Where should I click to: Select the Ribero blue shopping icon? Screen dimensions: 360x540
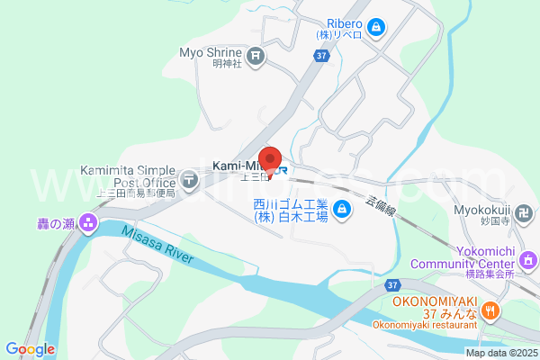[380, 29]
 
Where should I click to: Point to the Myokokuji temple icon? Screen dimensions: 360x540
[527, 212]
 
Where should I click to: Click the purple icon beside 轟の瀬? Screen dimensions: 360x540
[88, 221]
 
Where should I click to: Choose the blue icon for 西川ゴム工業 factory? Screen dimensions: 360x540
[341, 211]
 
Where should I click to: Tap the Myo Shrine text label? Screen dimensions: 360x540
[211, 52]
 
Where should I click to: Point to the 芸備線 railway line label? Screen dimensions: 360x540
[380, 206]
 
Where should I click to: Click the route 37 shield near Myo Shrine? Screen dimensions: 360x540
[321, 56]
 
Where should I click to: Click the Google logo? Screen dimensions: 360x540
[30, 349]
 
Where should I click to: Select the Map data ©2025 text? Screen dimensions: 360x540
[500, 353]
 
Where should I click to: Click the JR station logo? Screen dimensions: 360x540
[281, 168]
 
